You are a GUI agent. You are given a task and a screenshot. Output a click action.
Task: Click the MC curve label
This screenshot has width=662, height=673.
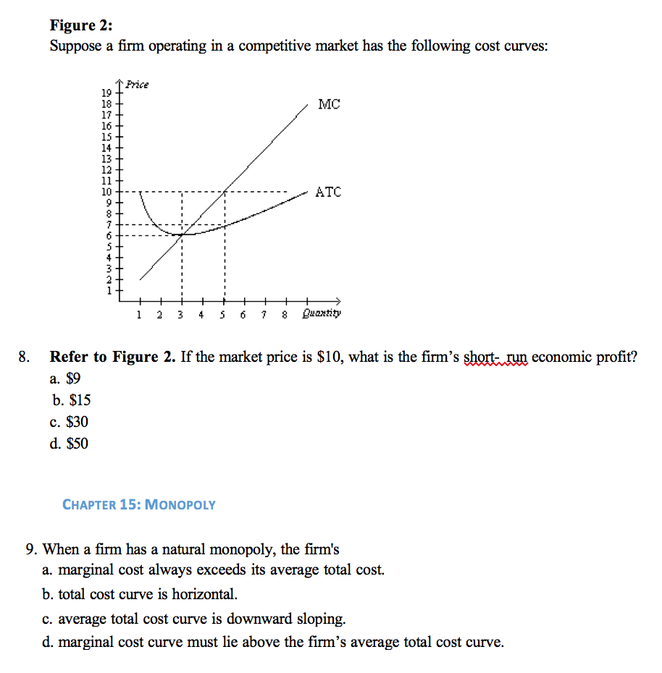pyautogui.click(x=328, y=105)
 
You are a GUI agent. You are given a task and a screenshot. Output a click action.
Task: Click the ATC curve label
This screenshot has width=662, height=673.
pyautogui.click(x=328, y=192)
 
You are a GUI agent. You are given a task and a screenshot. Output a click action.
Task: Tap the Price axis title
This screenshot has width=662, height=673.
pyautogui.click(x=138, y=85)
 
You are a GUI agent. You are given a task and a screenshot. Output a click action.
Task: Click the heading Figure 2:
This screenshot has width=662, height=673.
pyautogui.click(x=81, y=26)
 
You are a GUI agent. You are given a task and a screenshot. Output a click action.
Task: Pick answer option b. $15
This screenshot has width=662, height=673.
pyautogui.click(x=72, y=400)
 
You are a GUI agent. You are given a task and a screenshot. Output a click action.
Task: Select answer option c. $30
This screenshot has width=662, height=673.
pyautogui.click(x=70, y=422)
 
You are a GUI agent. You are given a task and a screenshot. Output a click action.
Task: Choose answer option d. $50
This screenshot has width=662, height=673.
pyautogui.click(x=70, y=444)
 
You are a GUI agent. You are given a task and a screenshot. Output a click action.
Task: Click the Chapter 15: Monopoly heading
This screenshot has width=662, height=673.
pyautogui.click(x=139, y=504)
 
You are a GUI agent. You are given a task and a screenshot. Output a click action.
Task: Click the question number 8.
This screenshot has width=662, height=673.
pyautogui.click(x=25, y=357)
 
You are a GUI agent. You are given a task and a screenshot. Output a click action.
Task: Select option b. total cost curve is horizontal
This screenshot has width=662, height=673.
pyautogui.click(x=140, y=594)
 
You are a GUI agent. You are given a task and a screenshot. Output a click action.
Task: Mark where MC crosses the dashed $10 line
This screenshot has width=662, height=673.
pyautogui.click(x=225, y=192)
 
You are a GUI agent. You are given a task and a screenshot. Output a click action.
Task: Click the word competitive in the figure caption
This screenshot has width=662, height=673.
pyautogui.click(x=298, y=46)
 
